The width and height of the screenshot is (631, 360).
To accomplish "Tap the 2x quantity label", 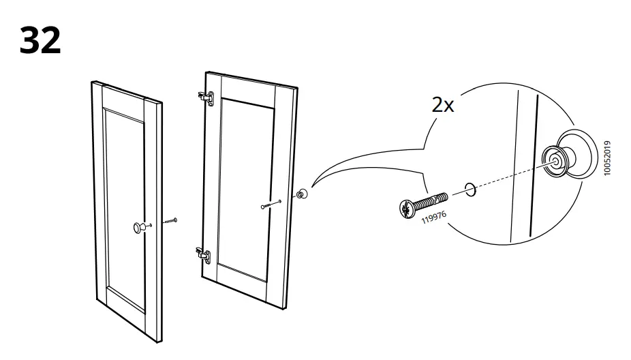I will click(x=442, y=106).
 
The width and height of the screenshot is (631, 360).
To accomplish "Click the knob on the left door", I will click(x=140, y=227).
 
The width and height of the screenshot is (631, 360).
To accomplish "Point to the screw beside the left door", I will click(x=169, y=222).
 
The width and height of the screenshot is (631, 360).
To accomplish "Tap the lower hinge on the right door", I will click(x=202, y=255).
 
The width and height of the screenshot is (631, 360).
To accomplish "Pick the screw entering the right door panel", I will click(x=272, y=204).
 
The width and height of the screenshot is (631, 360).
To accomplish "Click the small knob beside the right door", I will click(x=301, y=194).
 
